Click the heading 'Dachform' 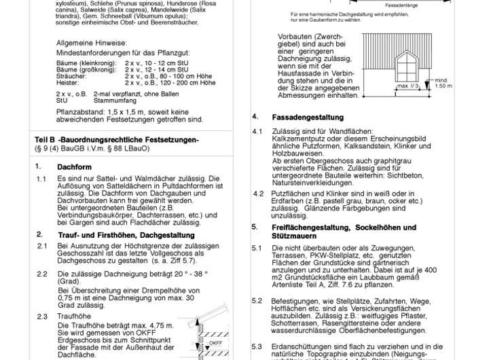pyautogui.click(x=74, y=166)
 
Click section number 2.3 pyautogui.click(x=42, y=317)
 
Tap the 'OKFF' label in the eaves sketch pyautogui.click(x=216, y=343)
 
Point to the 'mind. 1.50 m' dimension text pyautogui.click(x=443, y=83)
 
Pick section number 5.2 pyautogui.click(x=257, y=300)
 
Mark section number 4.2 pyautogui.click(x=258, y=194)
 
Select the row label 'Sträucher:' pyautogui.click(x=71, y=75)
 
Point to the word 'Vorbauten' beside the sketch pyautogui.click(x=298, y=37)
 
